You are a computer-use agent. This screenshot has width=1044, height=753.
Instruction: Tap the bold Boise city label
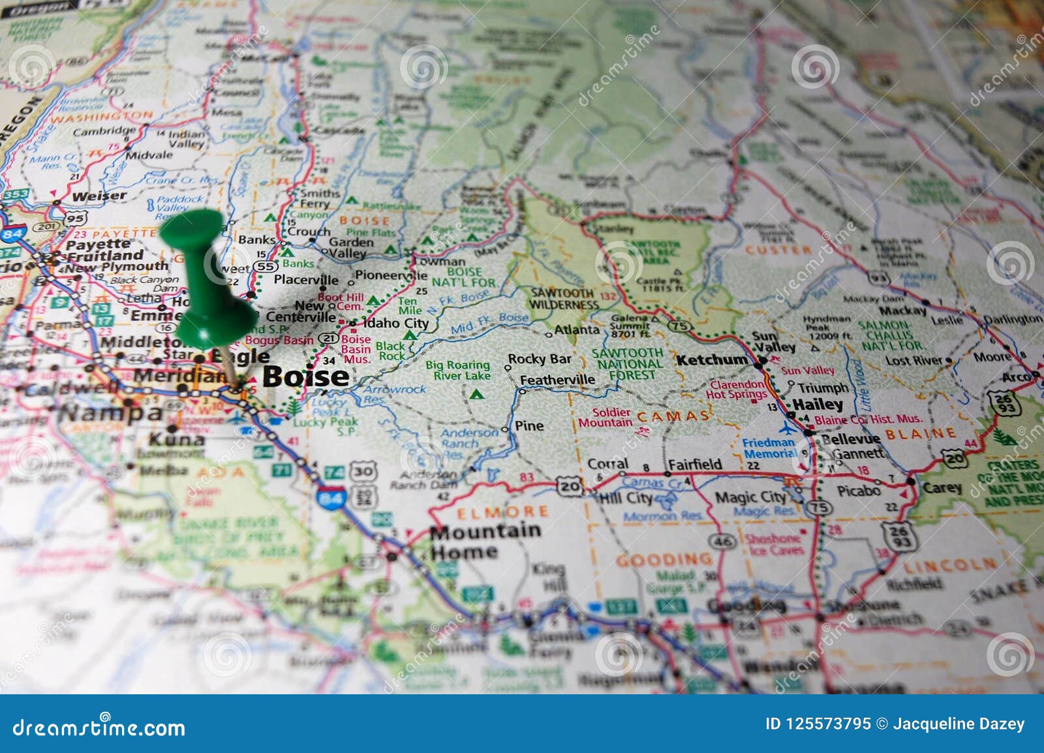pos(305,376)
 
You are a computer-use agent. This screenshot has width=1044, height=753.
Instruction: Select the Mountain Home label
pos(484,542)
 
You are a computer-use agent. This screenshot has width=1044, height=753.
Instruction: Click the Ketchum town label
pos(712,360)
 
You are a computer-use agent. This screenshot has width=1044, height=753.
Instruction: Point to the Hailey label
pos(818,405)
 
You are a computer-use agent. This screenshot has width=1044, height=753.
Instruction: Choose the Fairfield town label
pos(695,464)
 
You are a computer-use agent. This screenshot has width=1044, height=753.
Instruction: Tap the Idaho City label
pos(395,323)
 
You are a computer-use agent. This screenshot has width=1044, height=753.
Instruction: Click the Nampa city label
pos(110,413)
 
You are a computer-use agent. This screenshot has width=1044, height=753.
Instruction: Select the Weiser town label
pos(99,196)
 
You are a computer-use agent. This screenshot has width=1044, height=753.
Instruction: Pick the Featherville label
pos(557,380)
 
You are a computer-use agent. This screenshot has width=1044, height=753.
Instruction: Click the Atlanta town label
pos(577,330)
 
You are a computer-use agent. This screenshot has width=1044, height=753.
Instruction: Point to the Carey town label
pos(942,487)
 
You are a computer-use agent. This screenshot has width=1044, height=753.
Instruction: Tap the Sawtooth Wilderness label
pos(563,299)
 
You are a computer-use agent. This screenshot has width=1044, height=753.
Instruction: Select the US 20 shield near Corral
pos(570,485)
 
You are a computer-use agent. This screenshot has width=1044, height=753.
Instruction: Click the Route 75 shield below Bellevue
pos(819,507)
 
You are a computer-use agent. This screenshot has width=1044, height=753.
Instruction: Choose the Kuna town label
pos(176,439)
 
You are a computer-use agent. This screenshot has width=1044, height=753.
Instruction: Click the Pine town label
pos(529,426)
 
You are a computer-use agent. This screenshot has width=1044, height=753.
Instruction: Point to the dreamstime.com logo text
pos(99,728)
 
